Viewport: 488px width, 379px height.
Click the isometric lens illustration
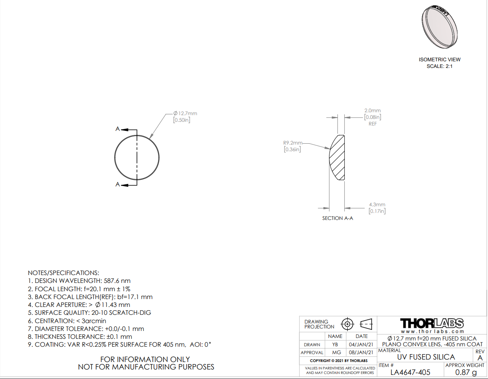pyautogui.click(x=440, y=27)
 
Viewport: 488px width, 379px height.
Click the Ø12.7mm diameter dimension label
pyautogui.click(x=185, y=116)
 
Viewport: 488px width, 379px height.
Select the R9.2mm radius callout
pyautogui.click(x=293, y=146)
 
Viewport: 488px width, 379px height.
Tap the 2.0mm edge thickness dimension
pyautogui.click(x=373, y=117)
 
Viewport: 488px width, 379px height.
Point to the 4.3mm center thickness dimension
pyautogui.click(x=377, y=208)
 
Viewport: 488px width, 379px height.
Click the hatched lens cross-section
pyautogui.click(x=337, y=157)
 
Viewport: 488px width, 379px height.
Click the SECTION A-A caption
pyautogui.click(x=338, y=218)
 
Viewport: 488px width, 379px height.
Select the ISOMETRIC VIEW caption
pyautogui.click(x=440, y=60)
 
